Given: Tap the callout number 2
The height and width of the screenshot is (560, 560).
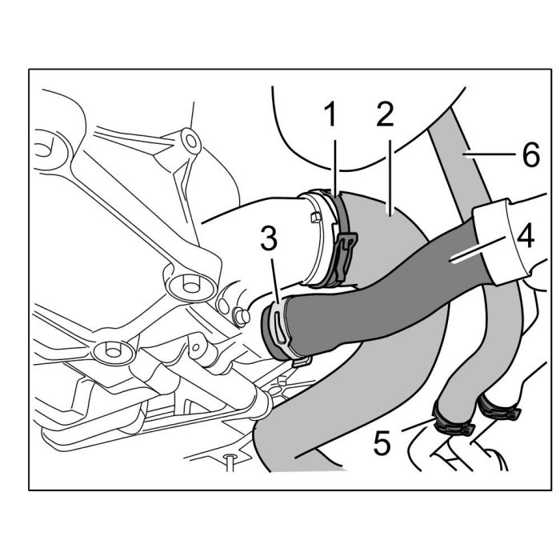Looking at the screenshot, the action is (385, 117).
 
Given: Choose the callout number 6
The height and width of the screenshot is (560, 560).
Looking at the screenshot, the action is (530, 154).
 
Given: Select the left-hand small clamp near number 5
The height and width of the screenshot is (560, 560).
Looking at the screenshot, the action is (453, 422).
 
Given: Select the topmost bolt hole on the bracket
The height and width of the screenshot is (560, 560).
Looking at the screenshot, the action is (190, 142).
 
